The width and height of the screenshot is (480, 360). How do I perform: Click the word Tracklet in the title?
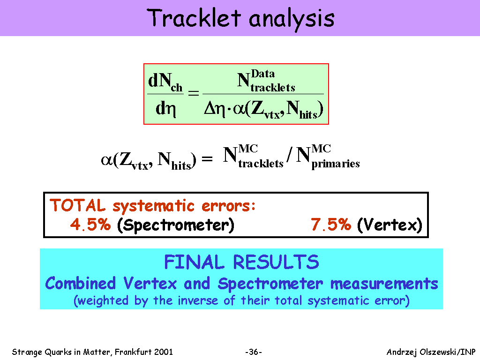click(194, 18)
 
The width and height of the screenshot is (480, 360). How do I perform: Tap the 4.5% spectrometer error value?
click(90, 225)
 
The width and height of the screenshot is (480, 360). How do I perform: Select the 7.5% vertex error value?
click(331, 225)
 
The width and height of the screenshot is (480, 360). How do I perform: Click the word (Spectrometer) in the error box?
click(176, 225)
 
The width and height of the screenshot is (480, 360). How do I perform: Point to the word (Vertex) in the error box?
click(390, 225)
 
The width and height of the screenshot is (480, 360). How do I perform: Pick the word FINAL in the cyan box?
click(194, 262)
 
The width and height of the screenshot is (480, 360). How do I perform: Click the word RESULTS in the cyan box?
click(276, 262)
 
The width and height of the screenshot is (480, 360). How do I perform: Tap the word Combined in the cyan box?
click(81, 283)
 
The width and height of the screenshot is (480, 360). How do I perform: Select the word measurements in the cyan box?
click(384, 284)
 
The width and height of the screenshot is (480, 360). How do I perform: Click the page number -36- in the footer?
click(254, 352)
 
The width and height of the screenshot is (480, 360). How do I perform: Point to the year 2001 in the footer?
click(164, 352)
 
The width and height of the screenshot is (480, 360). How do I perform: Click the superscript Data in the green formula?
click(262, 74)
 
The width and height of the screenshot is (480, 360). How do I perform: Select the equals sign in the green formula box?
click(193, 93)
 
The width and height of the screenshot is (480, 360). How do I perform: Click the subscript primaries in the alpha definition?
click(336, 164)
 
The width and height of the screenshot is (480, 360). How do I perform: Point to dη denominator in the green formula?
click(165, 109)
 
